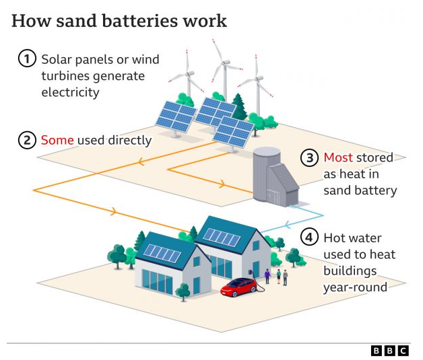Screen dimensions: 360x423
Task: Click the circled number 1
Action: [x=26, y=59]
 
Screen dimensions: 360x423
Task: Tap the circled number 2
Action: [x=26, y=141]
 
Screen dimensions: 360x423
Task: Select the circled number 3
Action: [x=309, y=158]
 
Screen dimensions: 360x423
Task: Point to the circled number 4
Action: [x=309, y=238]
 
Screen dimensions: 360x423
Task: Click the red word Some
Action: [x=57, y=141]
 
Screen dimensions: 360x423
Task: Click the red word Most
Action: [x=339, y=158]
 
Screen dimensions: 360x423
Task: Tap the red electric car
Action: [x=240, y=287]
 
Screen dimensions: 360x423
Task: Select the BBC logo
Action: [x=389, y=350]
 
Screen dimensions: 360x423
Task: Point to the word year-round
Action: [x=355, y=287]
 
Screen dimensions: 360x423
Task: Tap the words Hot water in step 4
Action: [x=352, y=238]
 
